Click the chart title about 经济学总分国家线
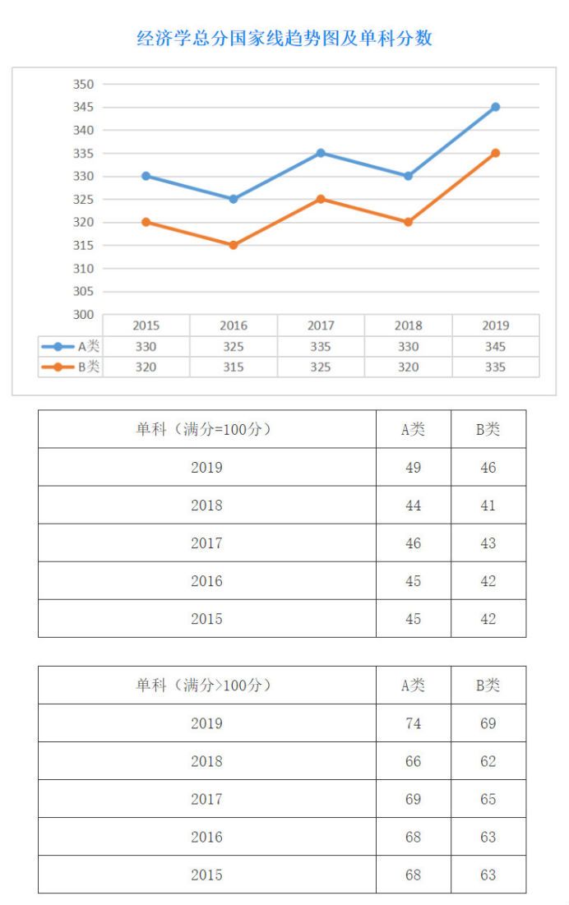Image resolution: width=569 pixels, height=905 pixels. click(x=284, y=38)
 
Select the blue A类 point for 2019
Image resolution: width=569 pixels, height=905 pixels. click(x=496, y=107)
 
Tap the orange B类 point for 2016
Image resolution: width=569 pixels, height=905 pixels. click(x=234, y=245)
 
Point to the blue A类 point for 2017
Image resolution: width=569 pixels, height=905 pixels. click(x=321, y=153)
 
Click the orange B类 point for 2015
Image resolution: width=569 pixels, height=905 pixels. click(x=146, y=222)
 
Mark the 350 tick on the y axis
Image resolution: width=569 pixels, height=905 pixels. click(x=85, y=84)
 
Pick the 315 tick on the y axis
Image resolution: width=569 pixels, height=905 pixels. click(x=85, y=245)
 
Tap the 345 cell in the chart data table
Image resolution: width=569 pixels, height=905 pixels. click(x=495, y=347)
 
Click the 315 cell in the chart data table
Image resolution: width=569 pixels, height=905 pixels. click(x=234, y=367)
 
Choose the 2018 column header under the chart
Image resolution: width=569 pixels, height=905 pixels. click(x=408, y=326)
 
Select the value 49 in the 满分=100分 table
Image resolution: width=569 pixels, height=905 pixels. click(x=413, y=468)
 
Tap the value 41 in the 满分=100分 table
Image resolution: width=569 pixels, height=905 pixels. click(x=488, y=506)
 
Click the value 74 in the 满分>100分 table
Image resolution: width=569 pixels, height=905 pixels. click(x=413, y=723)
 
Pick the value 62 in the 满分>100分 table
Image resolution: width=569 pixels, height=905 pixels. click(x=488, y=761)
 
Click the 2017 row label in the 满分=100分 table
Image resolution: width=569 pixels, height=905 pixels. click(x=206, y=543)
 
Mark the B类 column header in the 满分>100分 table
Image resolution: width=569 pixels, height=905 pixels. click(x=488, y=685)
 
